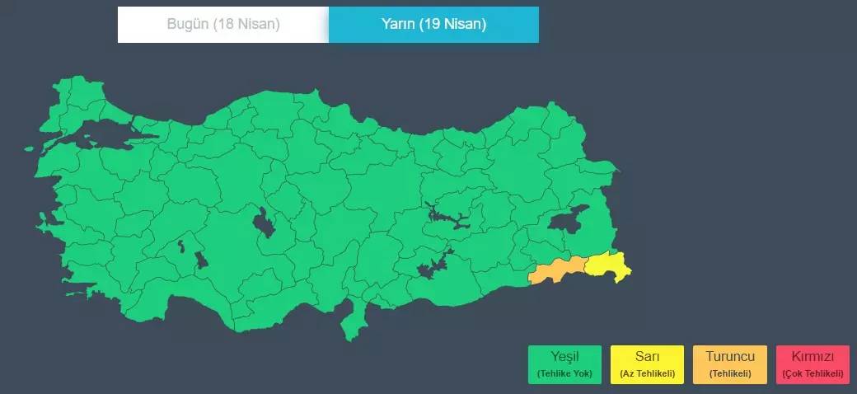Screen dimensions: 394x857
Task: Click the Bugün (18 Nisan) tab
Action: point(223,24)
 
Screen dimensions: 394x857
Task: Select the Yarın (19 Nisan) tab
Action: point(433,24)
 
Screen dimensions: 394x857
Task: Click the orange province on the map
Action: point(557,272)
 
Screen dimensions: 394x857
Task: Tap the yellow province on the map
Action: point(608,265)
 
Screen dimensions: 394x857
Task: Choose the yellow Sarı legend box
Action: point(647,364)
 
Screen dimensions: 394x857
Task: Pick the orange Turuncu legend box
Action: point(730,364)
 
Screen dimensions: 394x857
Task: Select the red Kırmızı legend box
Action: point(813,364)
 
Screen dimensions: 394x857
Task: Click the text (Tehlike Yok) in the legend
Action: point(564,374)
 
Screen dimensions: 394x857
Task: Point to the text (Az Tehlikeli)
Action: point(647,374)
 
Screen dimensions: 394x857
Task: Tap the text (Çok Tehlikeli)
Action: point(813,374)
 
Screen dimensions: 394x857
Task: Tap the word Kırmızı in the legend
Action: point(813,357)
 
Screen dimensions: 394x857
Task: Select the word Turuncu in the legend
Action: point(730,357)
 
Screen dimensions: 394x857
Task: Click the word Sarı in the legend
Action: point(647,357)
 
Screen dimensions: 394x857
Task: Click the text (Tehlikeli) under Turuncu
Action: point(730,374)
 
